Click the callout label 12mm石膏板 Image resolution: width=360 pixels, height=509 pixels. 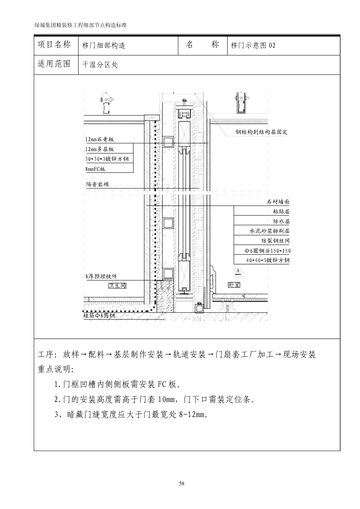99,139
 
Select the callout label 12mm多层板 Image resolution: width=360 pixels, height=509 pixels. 99,149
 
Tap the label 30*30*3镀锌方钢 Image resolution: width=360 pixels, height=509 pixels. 107,159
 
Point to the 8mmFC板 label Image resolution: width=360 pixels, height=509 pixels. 95,169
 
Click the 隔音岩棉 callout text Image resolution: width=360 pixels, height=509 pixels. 97,184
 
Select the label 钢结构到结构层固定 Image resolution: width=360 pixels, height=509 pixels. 261,132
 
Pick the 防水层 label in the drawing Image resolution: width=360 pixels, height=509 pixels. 281,221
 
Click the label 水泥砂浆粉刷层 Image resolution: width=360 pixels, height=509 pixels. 269,231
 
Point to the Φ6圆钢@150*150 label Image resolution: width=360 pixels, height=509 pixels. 268,250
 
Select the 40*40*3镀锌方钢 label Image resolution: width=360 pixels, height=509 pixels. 268,260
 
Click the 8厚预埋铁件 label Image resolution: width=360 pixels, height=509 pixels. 101,277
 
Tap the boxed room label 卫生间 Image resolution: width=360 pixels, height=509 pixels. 117,286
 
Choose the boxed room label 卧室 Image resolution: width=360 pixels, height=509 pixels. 234,285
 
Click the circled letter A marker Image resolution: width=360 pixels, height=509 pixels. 238,272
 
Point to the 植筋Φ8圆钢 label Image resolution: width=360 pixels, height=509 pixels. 99,315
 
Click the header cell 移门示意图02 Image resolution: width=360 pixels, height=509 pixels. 253,45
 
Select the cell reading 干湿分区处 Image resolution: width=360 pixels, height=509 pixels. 100,65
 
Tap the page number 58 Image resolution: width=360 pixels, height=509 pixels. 182,484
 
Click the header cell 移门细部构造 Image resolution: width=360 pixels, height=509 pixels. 104,45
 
